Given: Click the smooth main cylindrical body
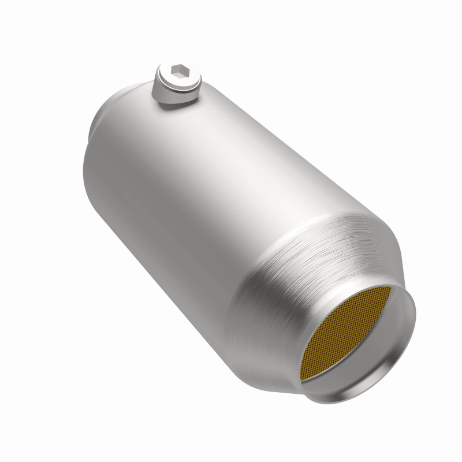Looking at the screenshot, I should (x=191, y=191).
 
